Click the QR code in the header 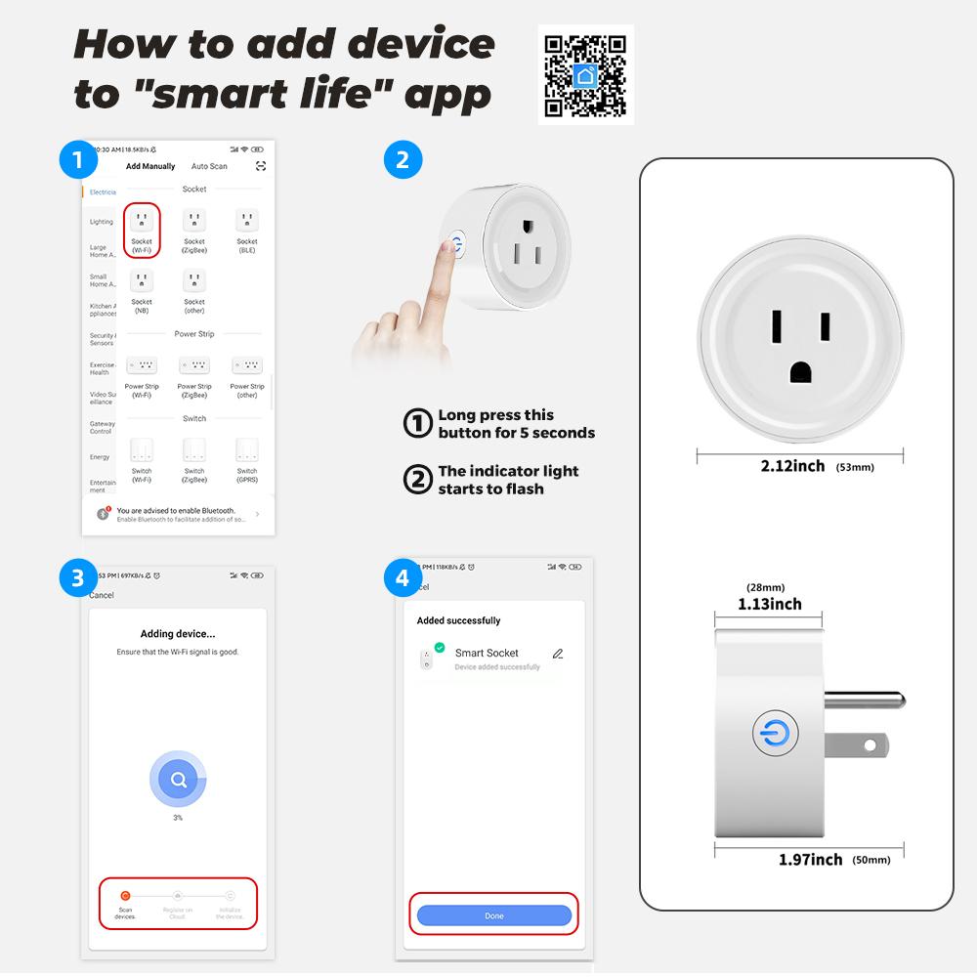tap(585, 74)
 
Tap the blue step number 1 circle tap(77, 159)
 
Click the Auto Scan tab tap(209, 166)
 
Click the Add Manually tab tap(150, 166)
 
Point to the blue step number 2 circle tap(403, 159)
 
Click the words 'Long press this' tap(495, 415)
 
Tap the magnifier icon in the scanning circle tap(178, 780)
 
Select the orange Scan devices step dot tap(125, 895)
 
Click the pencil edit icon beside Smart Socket tap(558, 654)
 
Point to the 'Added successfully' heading tap(458, 620)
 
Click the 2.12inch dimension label tap(792, 466)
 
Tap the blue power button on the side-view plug tap(776, 733)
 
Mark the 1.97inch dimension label tap(810, 859)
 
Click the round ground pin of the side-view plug tap(866, 700)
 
